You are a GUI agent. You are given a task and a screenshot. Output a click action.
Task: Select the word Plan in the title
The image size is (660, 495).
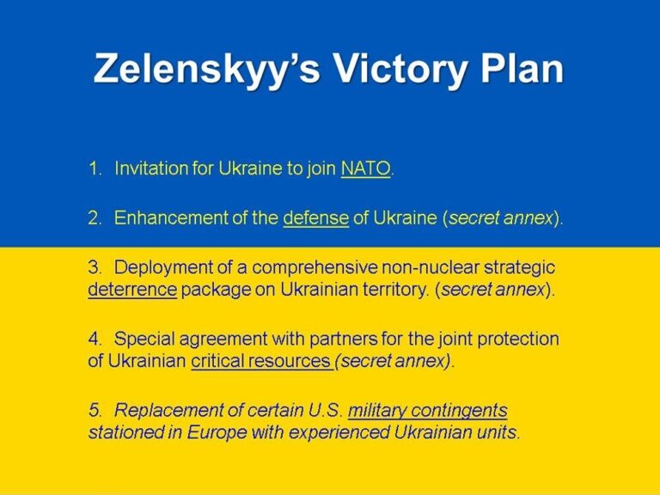pyautogui.click(x=522, y=67)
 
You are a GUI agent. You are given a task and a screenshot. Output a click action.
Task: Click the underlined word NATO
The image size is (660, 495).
pyautogui.click(x=365, y=168)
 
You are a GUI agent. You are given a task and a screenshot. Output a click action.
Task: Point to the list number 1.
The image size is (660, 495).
pyautogui.click(x=95, y=168)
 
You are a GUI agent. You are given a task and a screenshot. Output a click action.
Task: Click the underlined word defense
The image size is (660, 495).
pyautogui.click(x=315, y=218)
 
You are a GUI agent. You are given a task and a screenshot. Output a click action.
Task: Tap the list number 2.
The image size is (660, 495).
pyautogui.click(x=95, y=218)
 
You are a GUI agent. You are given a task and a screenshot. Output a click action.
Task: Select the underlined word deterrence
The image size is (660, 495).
pyautogui.click(x=132, y=290)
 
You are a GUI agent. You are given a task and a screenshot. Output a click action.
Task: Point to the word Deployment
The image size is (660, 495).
pyautogui.click(x=163, y=268)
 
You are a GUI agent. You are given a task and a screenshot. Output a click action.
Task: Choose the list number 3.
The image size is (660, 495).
pyautogui.click(x=95, y=268)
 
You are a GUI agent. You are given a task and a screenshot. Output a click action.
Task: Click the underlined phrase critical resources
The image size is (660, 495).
pyautogui.click(x=261, y=361)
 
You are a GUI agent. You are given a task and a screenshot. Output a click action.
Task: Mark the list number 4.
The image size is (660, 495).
pyautogui.click(x=95, y=339)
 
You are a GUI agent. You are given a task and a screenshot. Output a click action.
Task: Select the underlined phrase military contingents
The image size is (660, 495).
pyautogui.click(x=428, y=411)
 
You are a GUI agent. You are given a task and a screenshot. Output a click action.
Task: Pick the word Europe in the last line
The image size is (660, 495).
pyautogui.click(x=217, y=433)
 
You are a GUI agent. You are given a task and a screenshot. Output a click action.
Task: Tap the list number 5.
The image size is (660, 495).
pyautogui.click(x=95, y=411)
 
